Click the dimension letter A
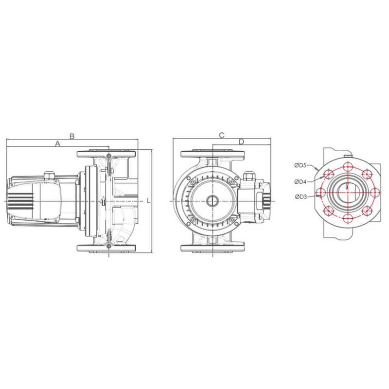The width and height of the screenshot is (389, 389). click(57, 144)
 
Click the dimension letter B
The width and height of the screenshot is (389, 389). click(71, 136)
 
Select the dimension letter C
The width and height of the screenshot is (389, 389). click(221, 135)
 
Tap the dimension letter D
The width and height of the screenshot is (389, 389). click(241, 141)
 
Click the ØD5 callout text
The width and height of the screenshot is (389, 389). click(300, 165)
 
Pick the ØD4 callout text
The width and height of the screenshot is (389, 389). click(300, 181)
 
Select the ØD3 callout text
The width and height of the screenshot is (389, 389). click(300, 196)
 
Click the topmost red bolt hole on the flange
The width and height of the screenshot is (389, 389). click(348, 167)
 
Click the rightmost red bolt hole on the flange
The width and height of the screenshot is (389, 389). click(374, 193)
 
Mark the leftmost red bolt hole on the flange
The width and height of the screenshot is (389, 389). click(321, 193)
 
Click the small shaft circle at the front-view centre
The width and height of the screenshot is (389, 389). click(213, 201)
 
